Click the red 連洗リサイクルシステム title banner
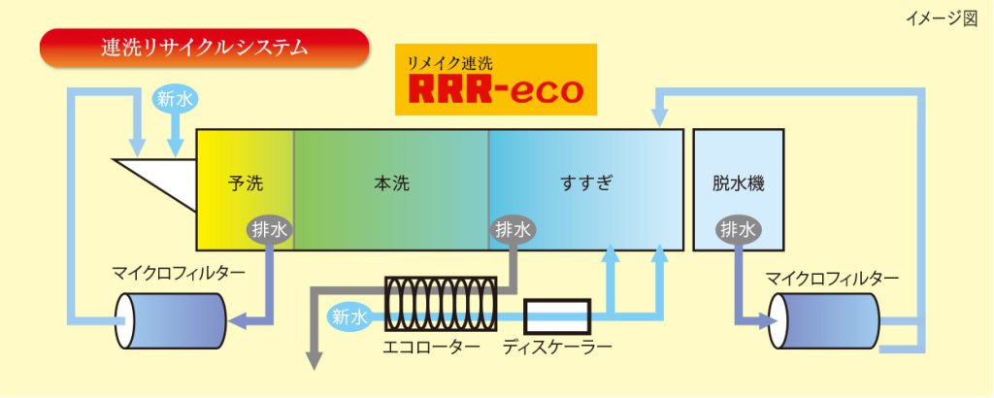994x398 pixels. coord(204,47)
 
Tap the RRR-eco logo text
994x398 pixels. coord(496,89)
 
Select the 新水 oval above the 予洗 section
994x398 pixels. coord(175,98)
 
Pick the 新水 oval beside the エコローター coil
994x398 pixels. coord(348,316)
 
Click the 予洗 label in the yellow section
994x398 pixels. coord(245,182)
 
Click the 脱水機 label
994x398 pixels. coord(739,182)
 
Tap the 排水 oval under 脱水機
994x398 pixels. coord(739,229)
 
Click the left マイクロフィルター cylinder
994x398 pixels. coord(171,317)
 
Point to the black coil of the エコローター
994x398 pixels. coord(442,304)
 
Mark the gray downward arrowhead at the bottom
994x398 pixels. coord(315,362)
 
